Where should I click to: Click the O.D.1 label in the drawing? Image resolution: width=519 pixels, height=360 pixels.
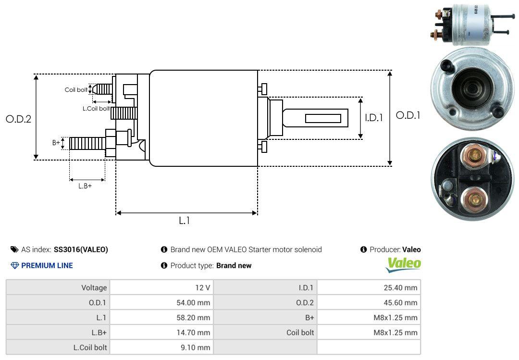click(408, 115)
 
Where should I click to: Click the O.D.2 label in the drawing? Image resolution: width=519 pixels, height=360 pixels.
click(18, 119)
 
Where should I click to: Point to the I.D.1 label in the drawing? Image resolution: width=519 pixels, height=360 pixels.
click(373, 117)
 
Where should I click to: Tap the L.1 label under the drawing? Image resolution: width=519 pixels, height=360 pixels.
click(185, 221)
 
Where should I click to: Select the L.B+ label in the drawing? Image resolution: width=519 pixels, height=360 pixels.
click(85, 186)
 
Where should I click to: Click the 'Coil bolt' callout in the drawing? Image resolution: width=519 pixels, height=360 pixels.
click(76, 90)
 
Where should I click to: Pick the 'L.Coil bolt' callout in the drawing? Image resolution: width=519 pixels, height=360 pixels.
click(96, 109)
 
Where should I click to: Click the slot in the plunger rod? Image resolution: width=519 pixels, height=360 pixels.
click(323, 118)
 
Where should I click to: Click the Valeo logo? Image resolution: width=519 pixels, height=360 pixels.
click(404, 264)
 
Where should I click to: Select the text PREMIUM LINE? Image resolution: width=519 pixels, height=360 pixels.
click(47, 265)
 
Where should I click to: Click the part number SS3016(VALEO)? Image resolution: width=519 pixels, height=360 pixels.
click(81, 249)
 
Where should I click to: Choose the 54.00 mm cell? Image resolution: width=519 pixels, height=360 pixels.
click(193, 303)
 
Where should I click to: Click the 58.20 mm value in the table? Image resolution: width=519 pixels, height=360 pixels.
click(193, 318)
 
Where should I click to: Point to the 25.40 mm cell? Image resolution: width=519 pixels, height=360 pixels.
click(401, 288)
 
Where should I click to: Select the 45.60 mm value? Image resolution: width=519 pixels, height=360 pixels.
click(401, 303)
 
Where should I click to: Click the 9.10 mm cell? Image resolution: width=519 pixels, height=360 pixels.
click(196, 347)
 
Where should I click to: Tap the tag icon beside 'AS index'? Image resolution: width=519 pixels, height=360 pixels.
click(14, 249)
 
